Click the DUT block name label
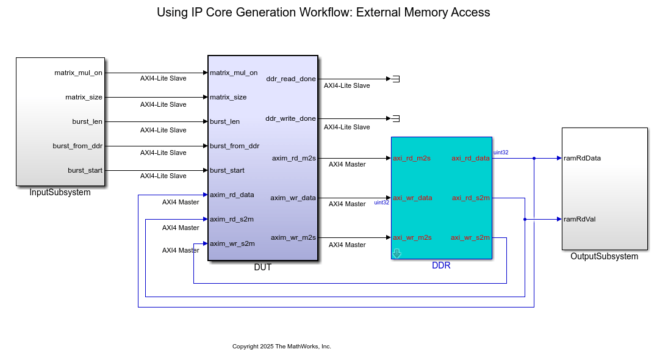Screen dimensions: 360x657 262,267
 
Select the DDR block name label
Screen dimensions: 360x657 441,265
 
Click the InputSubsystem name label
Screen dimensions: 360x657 60,193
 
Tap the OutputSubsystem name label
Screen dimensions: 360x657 604,257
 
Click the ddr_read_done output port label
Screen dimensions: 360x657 291,79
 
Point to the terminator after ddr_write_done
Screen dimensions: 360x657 395,118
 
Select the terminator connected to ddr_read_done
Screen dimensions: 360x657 395,79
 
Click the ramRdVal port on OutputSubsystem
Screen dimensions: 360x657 579,219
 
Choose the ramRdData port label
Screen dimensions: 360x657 582,158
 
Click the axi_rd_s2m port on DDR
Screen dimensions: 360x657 470,198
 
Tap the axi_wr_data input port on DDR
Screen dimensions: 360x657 412,198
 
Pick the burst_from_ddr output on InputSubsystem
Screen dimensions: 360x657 77,146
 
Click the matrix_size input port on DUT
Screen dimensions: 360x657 228,97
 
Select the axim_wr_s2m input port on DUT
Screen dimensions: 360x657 232,243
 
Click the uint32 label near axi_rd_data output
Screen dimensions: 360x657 501,153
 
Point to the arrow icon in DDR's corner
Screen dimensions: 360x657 397,253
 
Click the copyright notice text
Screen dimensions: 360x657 281,347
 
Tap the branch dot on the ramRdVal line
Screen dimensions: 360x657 525,219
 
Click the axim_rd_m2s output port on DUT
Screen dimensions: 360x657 293,158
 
